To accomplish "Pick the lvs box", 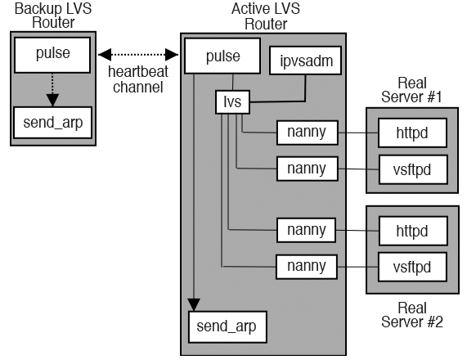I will [x=231, y=103].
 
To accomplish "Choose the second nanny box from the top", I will [x=308, y=169].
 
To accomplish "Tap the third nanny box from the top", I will [x=308, y=230].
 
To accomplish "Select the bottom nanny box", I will [x=308, y=266].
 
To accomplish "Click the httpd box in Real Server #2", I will [x=413, y=230].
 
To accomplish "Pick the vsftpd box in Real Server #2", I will [x=413, y=266].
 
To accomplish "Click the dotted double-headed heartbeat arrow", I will [x=137, y=55].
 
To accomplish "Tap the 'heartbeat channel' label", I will [x=137, y=79].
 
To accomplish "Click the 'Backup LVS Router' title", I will [x=48, y=15].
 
